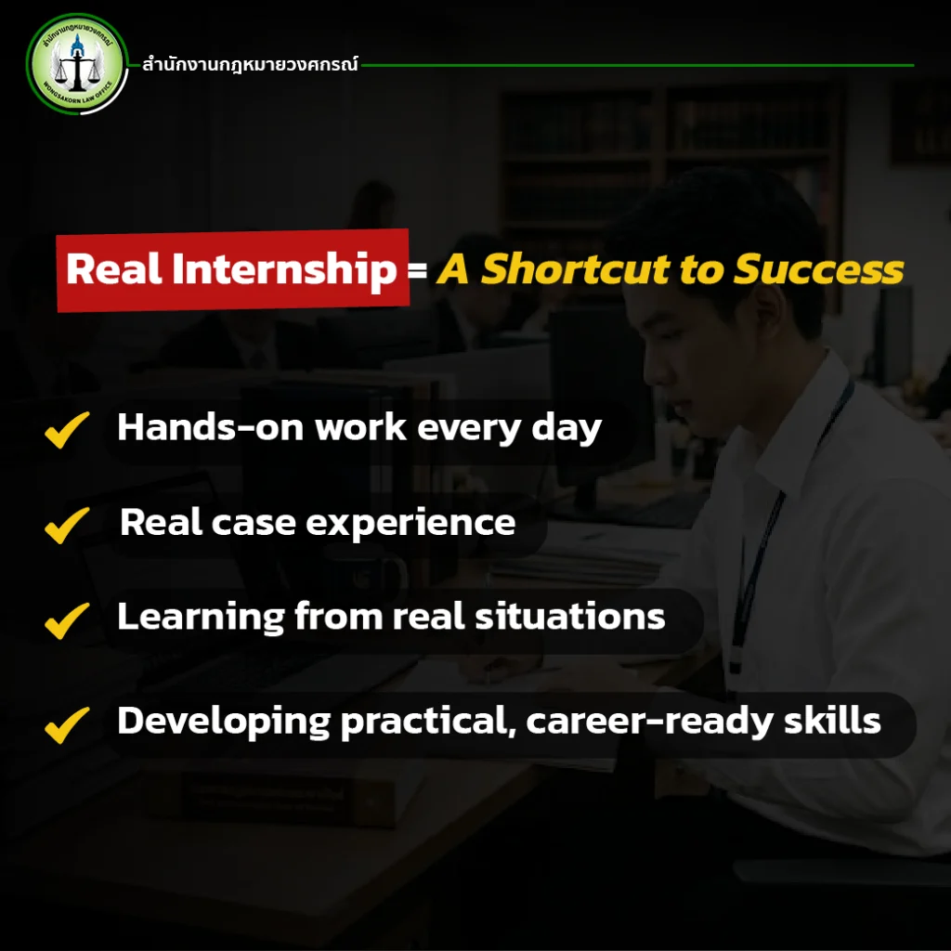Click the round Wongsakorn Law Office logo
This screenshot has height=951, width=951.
click(x=77, y=64)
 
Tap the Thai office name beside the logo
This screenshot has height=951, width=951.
click(x=250, y=64)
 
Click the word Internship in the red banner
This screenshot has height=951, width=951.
click(x=284, y=270)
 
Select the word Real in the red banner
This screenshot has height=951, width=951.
click(x=114, y=268)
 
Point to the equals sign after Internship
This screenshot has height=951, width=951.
click(x=417, y=269)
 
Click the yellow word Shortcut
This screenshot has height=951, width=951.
click(x=576, y=268)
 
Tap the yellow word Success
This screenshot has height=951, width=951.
click(x=819, y=268)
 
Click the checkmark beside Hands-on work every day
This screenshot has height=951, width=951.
click(x=67, y=429)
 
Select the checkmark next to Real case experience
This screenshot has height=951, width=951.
click(x=67, y=526)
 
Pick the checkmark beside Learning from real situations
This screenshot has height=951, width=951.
click(x=67, y=620)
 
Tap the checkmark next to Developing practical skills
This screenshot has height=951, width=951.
click(x=67, y=724)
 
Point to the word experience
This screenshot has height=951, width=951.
click(x=410, y=524)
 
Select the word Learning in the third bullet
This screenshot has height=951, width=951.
click(x=201, y=618)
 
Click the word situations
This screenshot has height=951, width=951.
click(x=570, y=617)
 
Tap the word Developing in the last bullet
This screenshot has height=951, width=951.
click(x=224, y=723)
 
